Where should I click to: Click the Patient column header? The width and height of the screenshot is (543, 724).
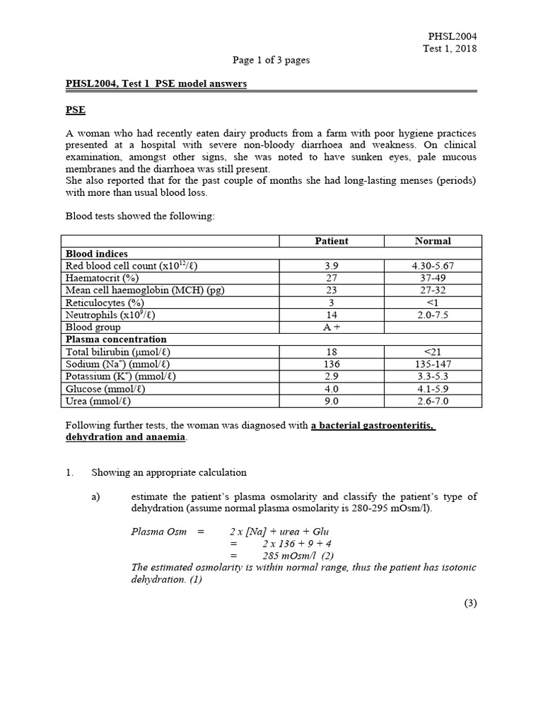click(331, 241)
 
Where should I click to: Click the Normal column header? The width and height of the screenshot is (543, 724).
click(433, 241)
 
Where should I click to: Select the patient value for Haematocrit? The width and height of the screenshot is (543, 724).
click(331, 278)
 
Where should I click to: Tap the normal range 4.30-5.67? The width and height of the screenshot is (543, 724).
click(433, 266)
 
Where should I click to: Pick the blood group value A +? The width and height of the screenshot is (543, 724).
click(331, 327)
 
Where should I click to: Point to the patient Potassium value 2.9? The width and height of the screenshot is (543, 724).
click(331, 376)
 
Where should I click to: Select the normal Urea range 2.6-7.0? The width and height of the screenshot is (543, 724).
click(433, 401)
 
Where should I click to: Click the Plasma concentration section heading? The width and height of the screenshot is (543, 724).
click(116, 339)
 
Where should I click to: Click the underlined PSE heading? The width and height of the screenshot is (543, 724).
click(76, 110)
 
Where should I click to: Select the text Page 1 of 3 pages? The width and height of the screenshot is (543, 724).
click(271, 60)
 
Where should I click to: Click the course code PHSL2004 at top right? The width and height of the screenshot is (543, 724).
click(452, 36)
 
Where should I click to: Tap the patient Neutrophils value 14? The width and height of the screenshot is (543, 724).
click(331, 315)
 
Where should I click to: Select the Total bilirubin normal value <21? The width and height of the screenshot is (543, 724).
click(433, 351)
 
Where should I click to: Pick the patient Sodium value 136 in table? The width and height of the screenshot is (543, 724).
click(331, 364)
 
